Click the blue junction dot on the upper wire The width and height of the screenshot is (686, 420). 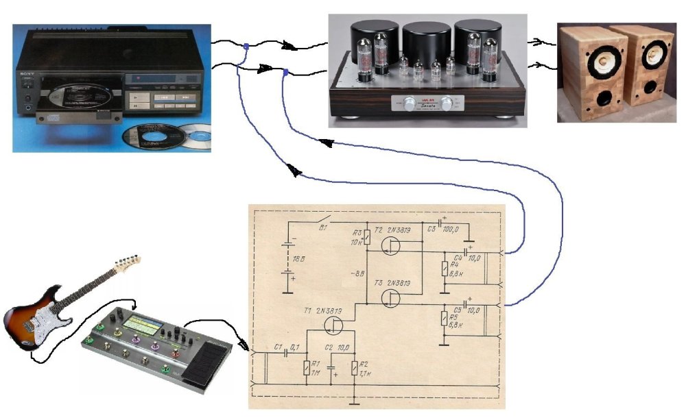tap(246, 47)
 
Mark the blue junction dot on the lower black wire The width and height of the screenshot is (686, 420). tap(285, 71)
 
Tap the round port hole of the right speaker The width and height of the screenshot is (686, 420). tap(647, 97)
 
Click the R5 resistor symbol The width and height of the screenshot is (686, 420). tap(444, 319)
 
